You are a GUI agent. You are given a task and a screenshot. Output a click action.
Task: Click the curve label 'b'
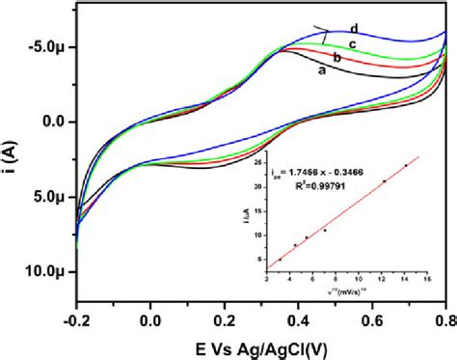pyautogui.click(x=337, y=59)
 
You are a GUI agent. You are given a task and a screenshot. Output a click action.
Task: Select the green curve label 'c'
pyautogui.click(x=353, y=44)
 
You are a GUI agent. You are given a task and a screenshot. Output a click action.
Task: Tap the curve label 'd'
pyautogui.click(x=356, y=28)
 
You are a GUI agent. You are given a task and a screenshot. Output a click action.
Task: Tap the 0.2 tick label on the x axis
pyautogui.click(x=225, y=318)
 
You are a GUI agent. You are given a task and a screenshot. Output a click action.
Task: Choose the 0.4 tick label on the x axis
pyautogui.click(x=299, y=318)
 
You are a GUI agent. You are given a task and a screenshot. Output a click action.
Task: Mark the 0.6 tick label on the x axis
pyautogui.click(x=373, y=318)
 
